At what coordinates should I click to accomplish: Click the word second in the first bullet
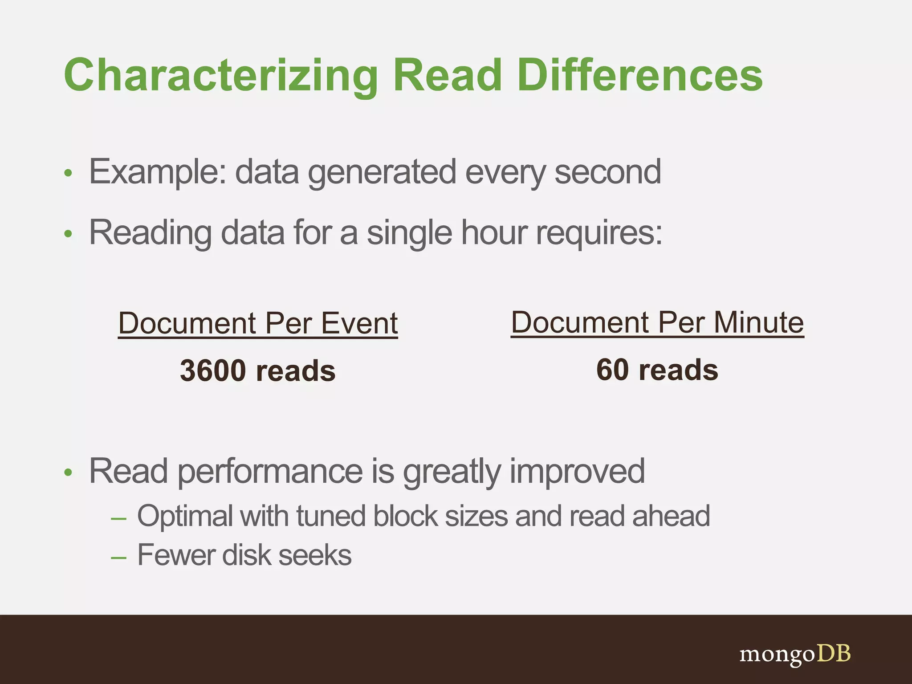[607, 172]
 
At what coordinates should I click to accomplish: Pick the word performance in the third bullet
[270, 472]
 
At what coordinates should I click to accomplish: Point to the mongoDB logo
[794, 654]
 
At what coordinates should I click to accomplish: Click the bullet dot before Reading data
[68, 234]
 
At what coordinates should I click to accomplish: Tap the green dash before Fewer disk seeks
[118, 558]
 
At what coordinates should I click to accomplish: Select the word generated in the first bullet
[382, 172]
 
